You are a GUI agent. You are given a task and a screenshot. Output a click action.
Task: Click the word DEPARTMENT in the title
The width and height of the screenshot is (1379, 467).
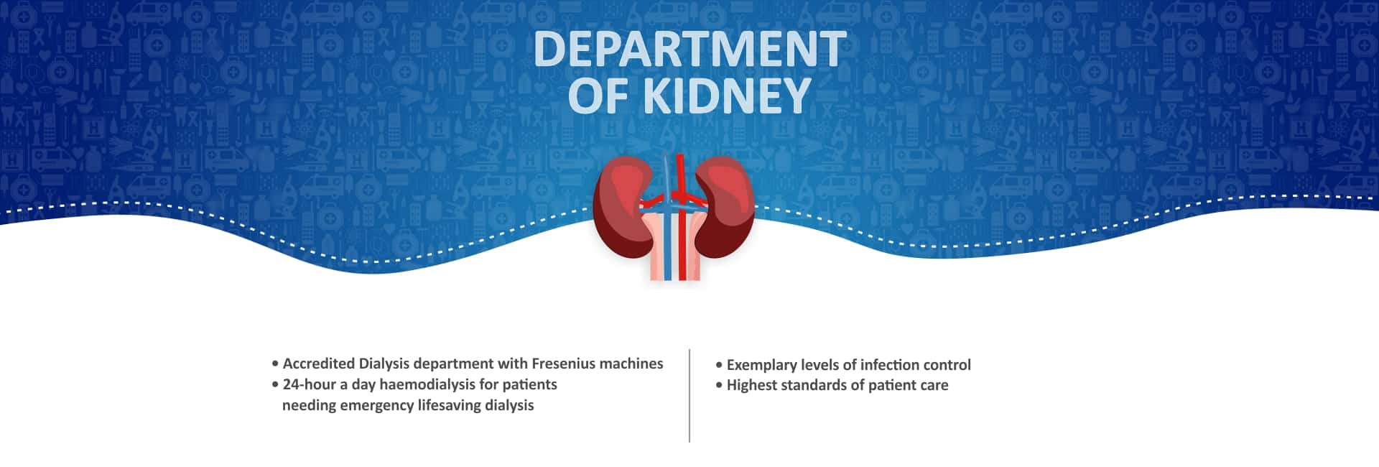coord(689,49)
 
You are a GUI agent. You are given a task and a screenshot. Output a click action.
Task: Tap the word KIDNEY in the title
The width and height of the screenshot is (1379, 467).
coord(727,96)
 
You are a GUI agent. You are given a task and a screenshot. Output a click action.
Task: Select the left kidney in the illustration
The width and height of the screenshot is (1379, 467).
coord(622,207)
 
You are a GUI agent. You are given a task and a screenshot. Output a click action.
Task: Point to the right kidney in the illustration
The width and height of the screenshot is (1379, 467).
coord(727,207)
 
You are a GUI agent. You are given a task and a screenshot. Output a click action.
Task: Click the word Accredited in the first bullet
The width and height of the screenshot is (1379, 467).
coord(318,364)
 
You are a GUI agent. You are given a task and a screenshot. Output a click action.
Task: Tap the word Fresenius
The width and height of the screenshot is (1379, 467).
coord(563,364)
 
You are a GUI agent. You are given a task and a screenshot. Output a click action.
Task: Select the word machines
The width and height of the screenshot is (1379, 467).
coord(631,364)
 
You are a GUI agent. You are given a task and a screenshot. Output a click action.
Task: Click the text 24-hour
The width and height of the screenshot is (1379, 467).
coord(310,384)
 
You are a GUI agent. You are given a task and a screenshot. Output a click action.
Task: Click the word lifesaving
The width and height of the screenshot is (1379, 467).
coord(450,405)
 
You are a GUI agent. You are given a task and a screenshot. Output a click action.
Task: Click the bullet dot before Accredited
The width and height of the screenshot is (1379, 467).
coord(275,364)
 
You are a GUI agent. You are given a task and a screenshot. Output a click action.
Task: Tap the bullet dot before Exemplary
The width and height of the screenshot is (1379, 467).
coord(719,365)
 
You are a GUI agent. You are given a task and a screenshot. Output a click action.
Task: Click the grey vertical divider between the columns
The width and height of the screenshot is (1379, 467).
coord(689,396)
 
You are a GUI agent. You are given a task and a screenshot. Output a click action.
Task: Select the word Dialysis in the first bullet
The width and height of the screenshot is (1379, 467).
coord(384,364)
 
